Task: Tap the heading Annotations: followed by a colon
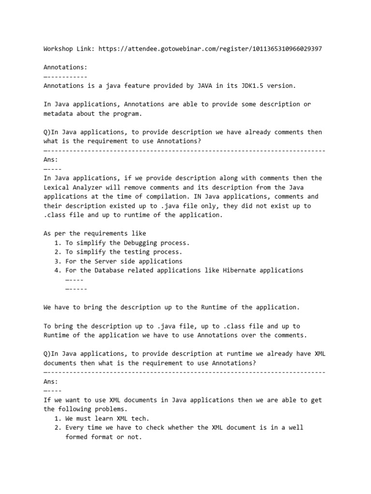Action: click(x=65, y=67)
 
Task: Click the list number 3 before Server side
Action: click(x=57, y=261)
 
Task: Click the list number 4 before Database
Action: click(x=57, y=270)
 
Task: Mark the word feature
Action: click(x=147, y=86)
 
